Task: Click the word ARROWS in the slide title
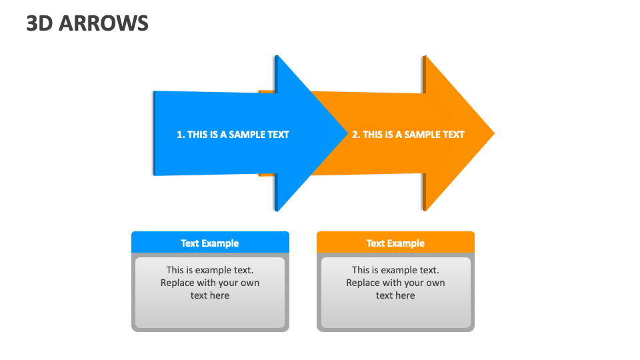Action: coord(104,24)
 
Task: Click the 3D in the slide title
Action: coord(39,24)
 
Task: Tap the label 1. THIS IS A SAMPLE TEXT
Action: coord(233,135)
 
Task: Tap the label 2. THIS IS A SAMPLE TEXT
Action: coord(408,135)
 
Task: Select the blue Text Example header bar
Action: coord(210,243)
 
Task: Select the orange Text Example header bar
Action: coord(395,243)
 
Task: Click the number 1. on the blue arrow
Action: coord(181,135)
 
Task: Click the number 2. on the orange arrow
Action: coord(356,135)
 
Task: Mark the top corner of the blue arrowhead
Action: coord(277,57)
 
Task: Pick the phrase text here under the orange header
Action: coord(395,295)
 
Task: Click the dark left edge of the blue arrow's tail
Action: coord(154,133)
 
